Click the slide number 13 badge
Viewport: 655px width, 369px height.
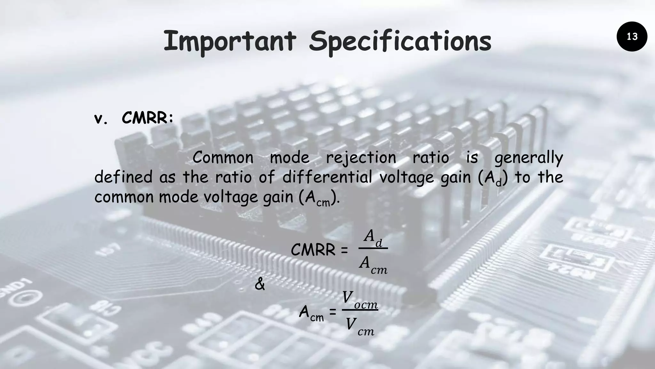[632, 37]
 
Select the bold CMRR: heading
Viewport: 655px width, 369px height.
[148, 119]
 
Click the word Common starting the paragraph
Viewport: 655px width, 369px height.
[223, 158]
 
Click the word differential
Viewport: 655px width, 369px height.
[327, 177]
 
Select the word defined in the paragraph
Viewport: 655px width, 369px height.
[123, 177]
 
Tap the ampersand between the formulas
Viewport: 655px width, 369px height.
[260, 284]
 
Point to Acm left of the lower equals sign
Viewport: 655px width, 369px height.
[311, 313]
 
